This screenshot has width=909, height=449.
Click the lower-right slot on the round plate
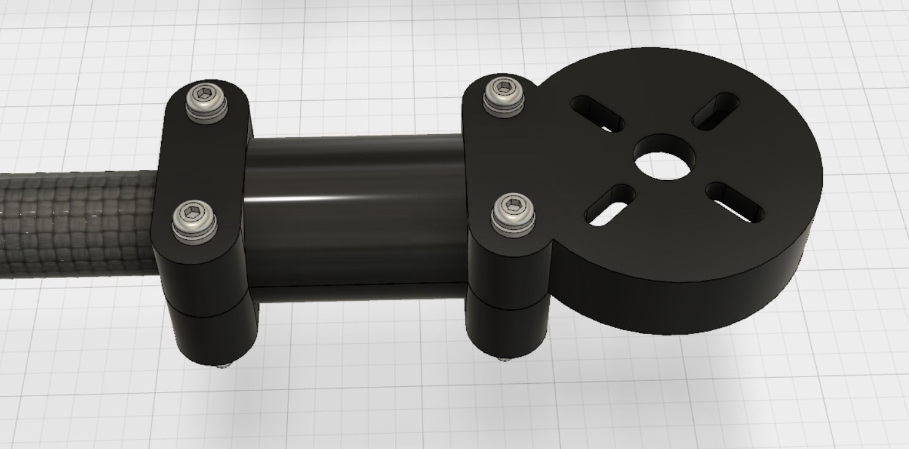pyautogui.click(x=736, y=202)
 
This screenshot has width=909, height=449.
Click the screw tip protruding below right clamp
pyautogui.click(x=506, y=359)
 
